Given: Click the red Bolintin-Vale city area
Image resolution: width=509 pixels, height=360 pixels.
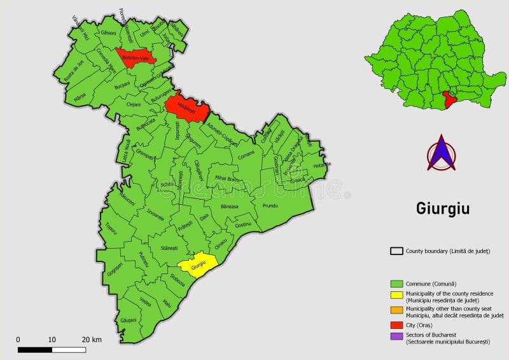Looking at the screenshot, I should pyautogui.click(x=135, y=56).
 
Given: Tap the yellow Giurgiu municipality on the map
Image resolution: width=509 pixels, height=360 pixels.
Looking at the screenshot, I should pyautogui.click(x=198, y=264).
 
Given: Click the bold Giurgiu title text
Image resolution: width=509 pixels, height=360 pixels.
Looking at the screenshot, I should pyautogui.click(x=443, y=209).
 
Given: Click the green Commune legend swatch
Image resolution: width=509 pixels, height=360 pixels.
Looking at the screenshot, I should pyautogui.click(x=397, y=283).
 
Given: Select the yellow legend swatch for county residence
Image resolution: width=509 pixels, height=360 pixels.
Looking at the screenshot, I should pyautogui.click(x=397, y=294).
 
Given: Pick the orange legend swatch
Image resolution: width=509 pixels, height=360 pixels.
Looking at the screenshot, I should pyautogui.click(x=397, y=309).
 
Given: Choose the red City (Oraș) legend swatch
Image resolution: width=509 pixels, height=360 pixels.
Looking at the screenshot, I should pyautogui.click(x=397, y=324).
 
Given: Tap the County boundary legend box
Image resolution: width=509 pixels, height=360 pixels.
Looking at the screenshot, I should pyautogui.click(x=397, y=251).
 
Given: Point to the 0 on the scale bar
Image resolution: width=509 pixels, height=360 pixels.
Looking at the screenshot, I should pyautogui.click(x=18, y=340).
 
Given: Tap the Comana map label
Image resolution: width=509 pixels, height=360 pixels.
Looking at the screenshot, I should pyautogui.click(x=245, y=153).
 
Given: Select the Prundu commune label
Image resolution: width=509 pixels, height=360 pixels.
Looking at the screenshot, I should pyautogui.click(x=270, y=206).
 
